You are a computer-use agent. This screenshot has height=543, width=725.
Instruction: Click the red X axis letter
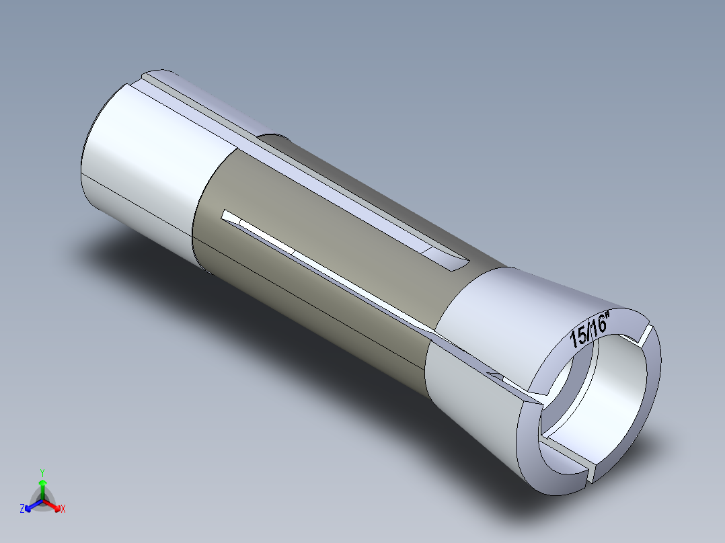tap(63, 509)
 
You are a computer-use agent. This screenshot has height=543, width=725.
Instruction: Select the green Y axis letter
tap(42, 472)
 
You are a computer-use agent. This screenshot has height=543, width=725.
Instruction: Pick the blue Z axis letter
tap(22, 509)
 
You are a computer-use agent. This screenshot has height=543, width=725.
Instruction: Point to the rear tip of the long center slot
tap(231, 216)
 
